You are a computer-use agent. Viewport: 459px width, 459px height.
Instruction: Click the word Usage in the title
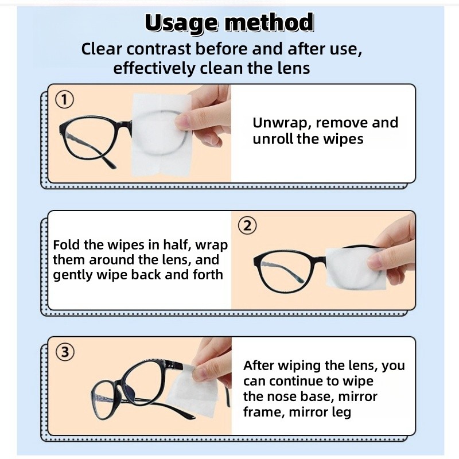click(181, 24)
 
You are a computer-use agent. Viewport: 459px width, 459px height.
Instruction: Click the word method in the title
click(269, 22)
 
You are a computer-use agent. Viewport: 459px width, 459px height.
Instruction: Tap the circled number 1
click(64, 99)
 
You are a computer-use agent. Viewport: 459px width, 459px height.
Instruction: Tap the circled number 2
click(247, 226)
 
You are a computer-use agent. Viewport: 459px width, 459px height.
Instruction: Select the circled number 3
click(65, 352)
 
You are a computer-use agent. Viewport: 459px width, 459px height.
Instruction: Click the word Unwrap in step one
click(282, 123)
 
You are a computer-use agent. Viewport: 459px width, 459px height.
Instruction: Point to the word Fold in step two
click(67, 245)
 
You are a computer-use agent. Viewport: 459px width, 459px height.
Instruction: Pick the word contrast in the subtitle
click(159, 49)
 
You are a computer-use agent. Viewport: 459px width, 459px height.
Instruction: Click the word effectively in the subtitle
click(154, 68)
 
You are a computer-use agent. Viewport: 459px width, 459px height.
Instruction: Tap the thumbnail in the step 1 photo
click(182, 121)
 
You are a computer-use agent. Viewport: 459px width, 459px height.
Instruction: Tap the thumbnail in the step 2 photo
click(376, 261)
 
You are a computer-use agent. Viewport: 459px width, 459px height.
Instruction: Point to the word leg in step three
click(341, 412)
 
